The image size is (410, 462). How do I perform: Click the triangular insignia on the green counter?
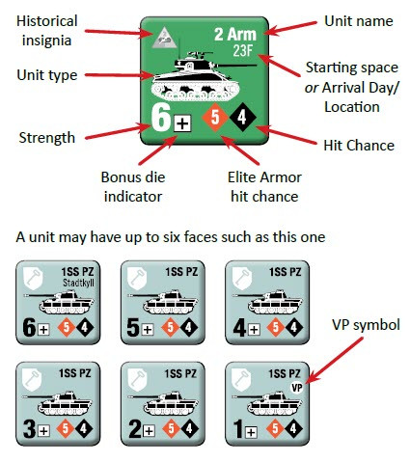pos(164,38)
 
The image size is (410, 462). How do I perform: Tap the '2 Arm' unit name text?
pos(235,34)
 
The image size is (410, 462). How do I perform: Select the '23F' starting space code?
pos(243,51)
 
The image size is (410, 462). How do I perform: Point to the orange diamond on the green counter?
pos(215,118)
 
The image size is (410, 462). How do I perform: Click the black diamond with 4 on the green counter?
pos(242,118)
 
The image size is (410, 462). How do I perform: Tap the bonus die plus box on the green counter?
pos(182,123)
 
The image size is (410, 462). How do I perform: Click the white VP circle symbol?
pos(296,388)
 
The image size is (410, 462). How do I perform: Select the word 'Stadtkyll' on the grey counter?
pos(78,283)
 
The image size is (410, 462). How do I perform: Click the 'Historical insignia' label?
pos(47,31)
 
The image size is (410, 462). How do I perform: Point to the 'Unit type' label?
pos(47,75)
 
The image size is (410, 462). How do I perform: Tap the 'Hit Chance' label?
pos(359,146)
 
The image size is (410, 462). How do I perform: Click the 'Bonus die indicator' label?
pos(133,187)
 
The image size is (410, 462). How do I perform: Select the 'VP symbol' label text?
pos(366,325)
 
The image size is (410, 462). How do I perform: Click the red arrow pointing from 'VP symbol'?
pos(335,361)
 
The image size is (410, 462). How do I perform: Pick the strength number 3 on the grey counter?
pos(29,429)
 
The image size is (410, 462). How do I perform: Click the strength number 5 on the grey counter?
pos(133,328)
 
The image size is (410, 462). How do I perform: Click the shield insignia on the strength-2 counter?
pos(137,379)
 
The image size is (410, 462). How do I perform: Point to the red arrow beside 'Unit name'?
pos(290,28)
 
